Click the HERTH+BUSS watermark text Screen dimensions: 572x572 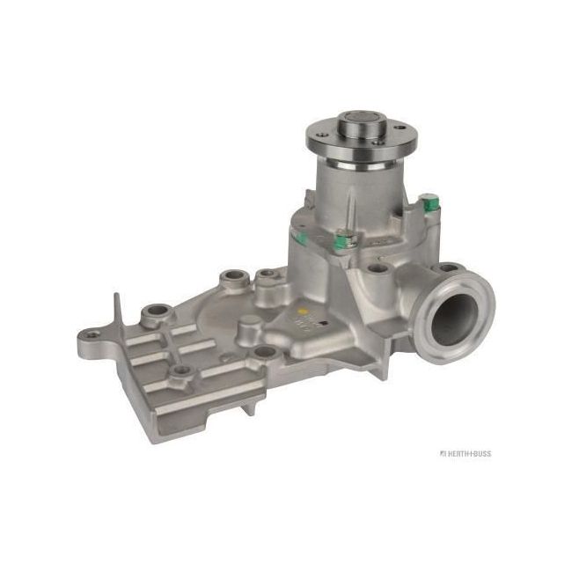click(466, 453)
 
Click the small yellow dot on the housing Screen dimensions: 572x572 click(304, 312)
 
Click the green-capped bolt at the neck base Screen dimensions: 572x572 click(341, 238)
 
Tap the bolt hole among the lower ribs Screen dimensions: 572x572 click(181, 370)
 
